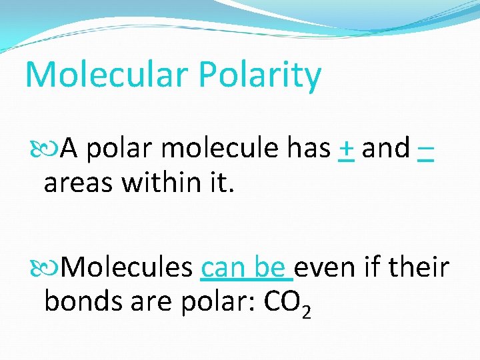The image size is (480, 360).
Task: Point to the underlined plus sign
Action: pyautogui.click(x=345, y=149)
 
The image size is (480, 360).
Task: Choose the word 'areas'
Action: pyautogui.click(x=77, y=181)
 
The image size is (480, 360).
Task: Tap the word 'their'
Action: pyautogui.click(x=420, y=267)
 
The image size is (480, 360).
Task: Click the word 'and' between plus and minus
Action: pyautogui.click(x=385, y=149)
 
